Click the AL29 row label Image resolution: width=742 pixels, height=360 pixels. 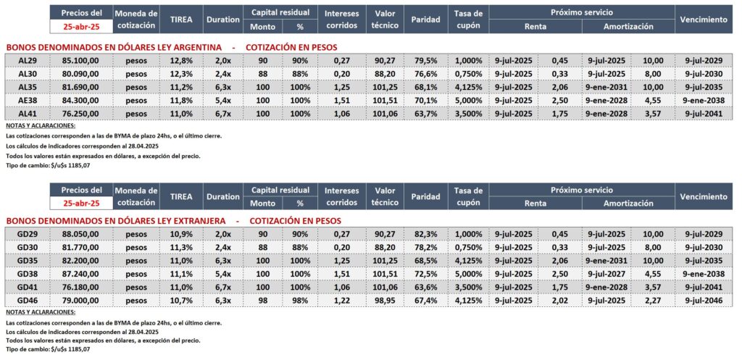(x=28, y=61)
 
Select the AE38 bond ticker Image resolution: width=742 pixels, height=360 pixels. (x=28, y=100)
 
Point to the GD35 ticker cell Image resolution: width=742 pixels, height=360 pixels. (x=28, y=259)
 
